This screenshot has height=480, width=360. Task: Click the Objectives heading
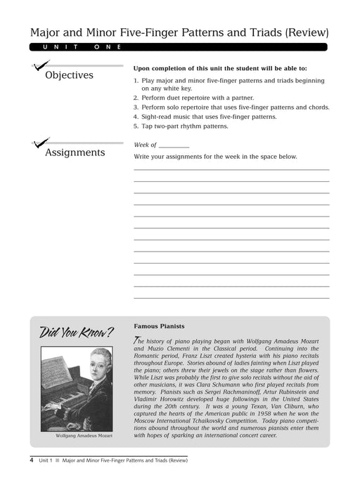69,75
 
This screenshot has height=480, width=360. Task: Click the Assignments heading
75,152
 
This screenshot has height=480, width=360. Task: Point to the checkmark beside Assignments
39,146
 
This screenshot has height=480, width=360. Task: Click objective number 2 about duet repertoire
193,98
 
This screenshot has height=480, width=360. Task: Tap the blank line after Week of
174,145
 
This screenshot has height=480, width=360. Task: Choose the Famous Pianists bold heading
159,326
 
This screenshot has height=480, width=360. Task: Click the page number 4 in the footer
32,460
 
